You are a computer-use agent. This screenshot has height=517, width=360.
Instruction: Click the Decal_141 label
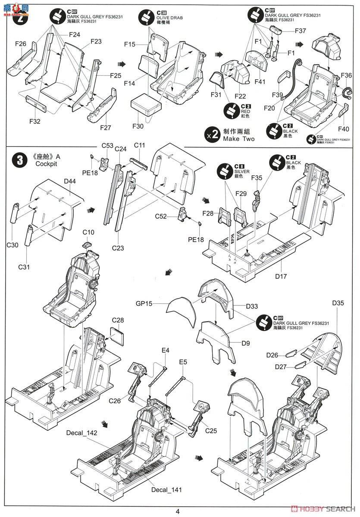click(166, 489)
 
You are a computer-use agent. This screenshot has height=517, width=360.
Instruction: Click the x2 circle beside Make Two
click(211, 135)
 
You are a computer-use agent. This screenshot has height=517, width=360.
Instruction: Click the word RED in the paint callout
click(245, 111)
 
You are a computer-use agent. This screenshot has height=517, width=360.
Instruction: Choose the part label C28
click(118, 320)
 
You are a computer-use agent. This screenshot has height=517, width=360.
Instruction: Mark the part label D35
click(338, 302)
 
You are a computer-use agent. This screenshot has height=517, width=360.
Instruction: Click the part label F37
click(301, 31)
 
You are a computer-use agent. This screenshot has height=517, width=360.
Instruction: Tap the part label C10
click(88, 233)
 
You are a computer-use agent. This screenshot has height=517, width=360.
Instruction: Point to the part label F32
click(35, 121)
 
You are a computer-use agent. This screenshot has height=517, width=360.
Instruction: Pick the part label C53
click(107, 146)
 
